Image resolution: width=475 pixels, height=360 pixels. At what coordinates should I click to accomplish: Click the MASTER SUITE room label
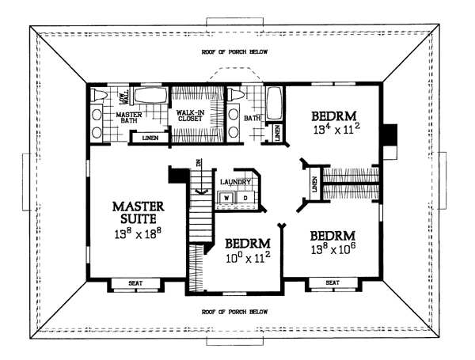(x=131, y=210)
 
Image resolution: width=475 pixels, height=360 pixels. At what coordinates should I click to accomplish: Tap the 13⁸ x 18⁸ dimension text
(x=131, y=235)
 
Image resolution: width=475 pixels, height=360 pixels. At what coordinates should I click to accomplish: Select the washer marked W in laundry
(x=226, y=196)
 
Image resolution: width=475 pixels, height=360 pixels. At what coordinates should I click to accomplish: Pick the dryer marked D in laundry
(x=244, y=196)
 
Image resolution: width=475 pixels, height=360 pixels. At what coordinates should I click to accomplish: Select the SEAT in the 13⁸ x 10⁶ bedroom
(x=332, y=282)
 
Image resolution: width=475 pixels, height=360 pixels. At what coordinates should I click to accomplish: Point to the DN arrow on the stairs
(x=199, y=164)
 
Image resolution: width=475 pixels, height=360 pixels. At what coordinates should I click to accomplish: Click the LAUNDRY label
(x=236, y=180)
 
